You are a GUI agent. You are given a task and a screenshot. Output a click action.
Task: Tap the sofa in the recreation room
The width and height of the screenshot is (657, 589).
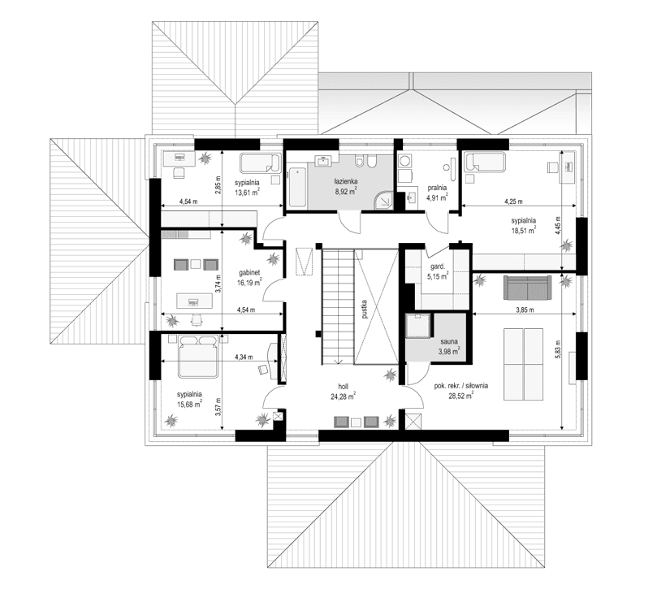point(527,286)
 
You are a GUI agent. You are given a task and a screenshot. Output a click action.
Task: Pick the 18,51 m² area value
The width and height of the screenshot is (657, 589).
point(523,231)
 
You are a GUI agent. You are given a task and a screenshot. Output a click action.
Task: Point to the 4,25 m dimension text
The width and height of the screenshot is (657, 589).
point(513,201)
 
